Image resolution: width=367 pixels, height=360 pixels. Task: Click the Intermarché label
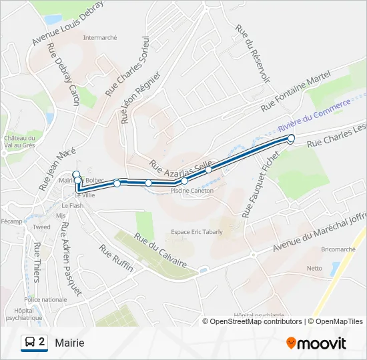point(100,37)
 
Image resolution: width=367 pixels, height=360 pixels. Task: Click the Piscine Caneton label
point(192,191)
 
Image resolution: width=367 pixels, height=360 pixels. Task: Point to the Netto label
point(314,268)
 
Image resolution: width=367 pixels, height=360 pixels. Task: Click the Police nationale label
point(45,300)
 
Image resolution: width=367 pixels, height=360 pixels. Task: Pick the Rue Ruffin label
point(116,258)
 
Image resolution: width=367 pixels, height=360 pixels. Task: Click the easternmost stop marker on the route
point(291,139)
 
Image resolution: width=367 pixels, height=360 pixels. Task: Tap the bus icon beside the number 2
point(30,343)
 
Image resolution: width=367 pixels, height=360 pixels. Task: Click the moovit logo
point(316,343)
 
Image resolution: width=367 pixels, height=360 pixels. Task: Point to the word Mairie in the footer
point(70,343)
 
